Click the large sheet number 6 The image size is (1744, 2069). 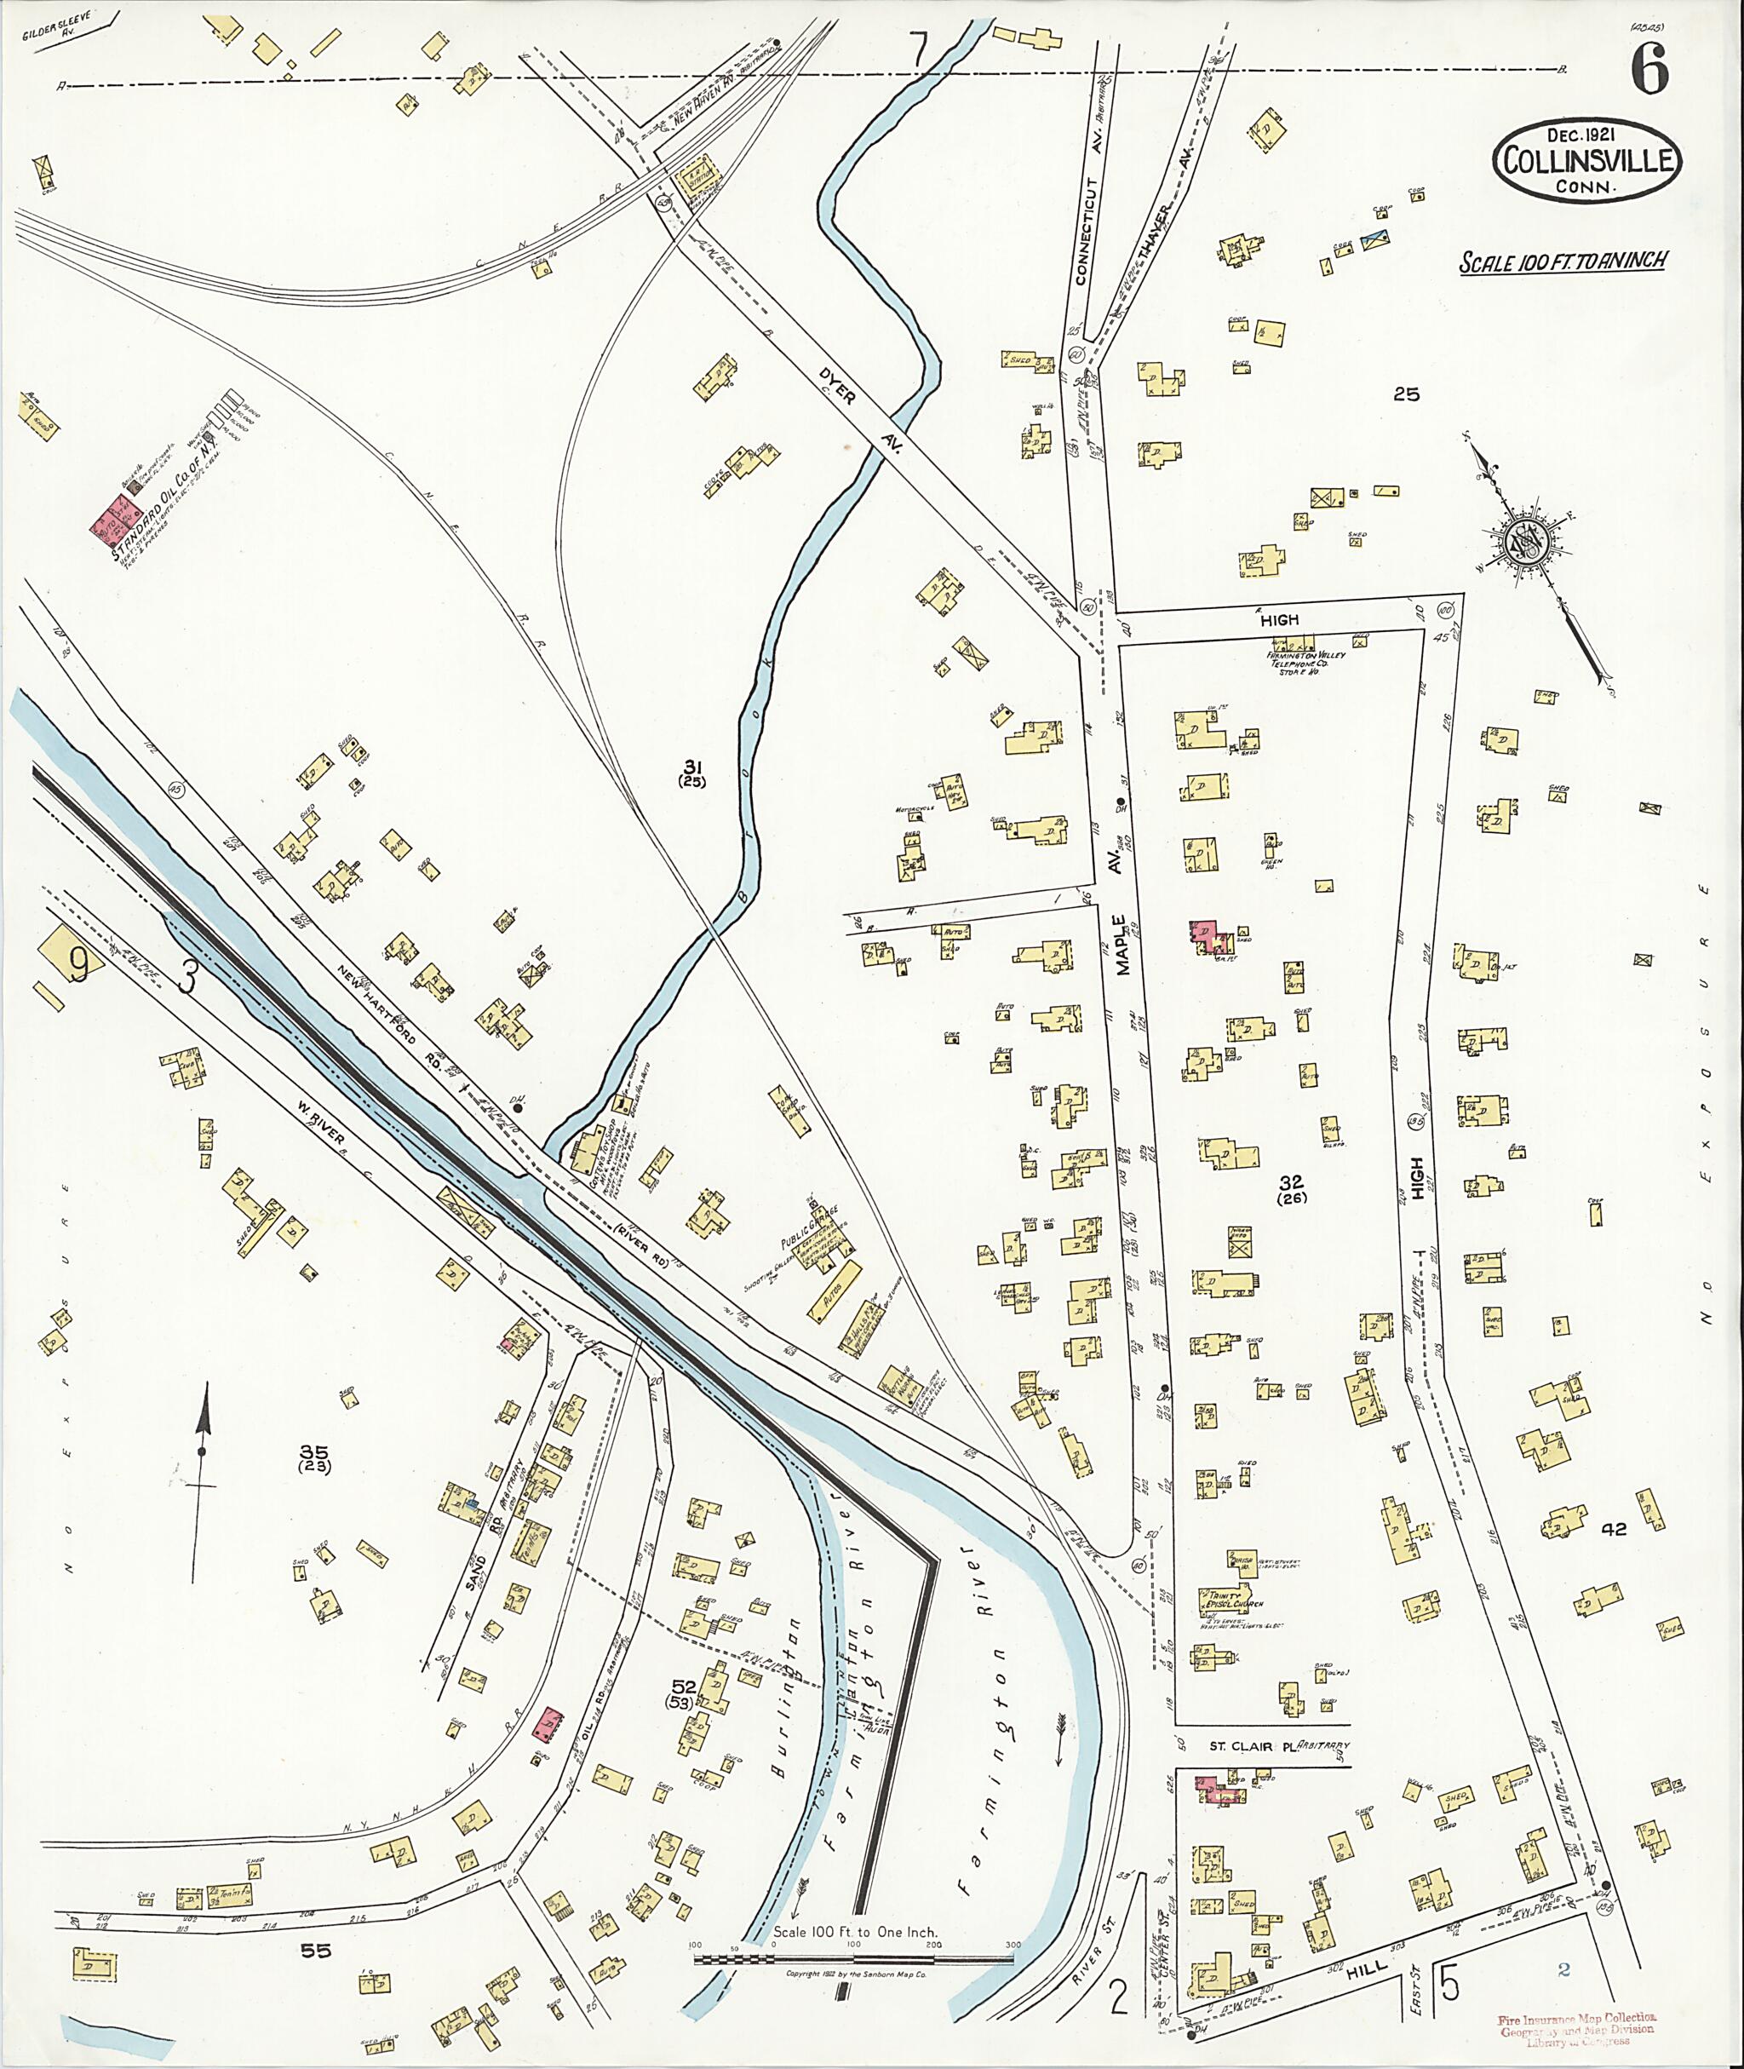pyautogui.click(x=1649, y=68)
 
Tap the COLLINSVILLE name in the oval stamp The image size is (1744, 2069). pyautogui.click(x=1588, y=161)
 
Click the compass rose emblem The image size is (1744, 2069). pyautogui.click(x=1523, y=543)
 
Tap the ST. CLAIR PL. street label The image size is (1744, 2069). pyautogui.click(x=1252, y=1745)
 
